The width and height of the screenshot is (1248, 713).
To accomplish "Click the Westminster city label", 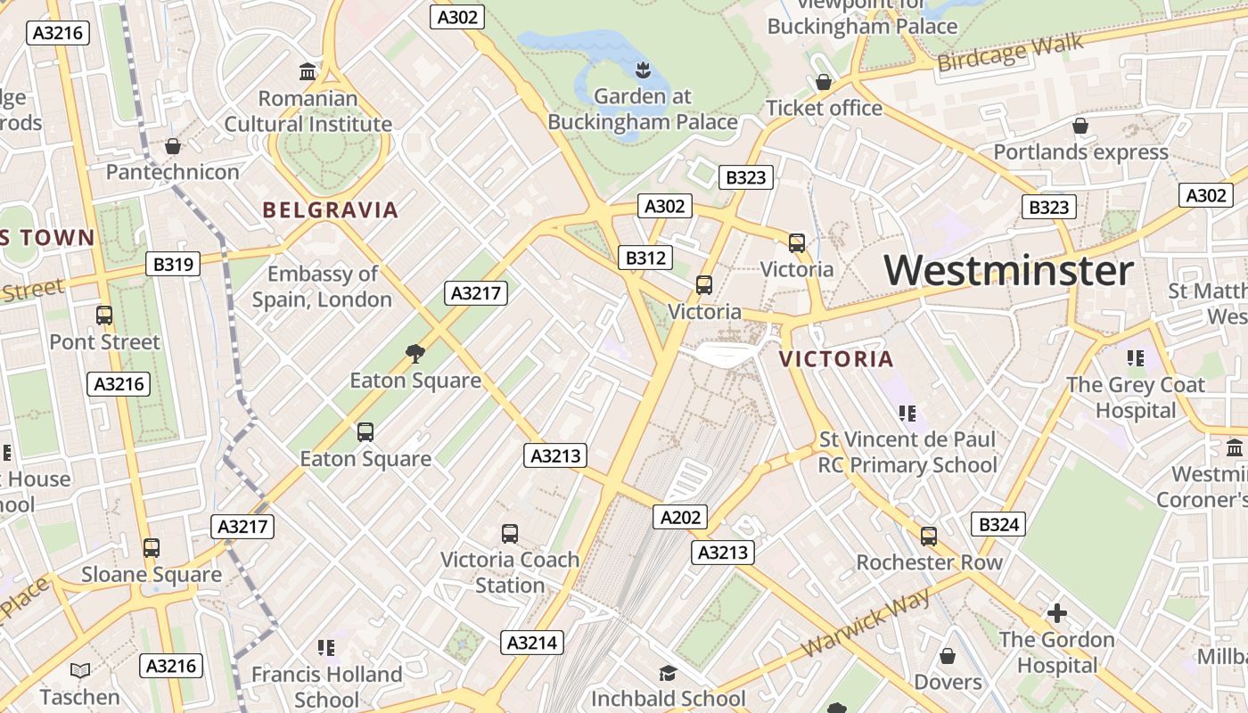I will tap(1008, 270).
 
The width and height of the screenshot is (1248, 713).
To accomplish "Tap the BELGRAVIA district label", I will tap(330, 210).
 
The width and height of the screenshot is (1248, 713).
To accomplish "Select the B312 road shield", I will tap(645, 258).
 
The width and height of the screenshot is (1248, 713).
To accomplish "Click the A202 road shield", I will tap(680, 517).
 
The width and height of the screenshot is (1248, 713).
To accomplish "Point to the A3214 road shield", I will tap(532, 643).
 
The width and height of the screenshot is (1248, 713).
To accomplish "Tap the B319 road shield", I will tap(173, 264).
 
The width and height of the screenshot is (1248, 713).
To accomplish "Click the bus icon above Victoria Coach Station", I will tap(510, 534).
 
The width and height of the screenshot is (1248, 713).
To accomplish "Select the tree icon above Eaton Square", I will tap(415, 354).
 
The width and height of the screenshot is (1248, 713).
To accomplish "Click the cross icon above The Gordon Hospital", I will tap(1056, 613).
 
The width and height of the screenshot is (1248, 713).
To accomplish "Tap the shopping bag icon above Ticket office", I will tap(824, 83).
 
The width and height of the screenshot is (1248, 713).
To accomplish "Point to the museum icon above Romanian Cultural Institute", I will tap(308, 71).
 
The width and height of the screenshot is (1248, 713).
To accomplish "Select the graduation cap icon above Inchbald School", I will tap(668, 673).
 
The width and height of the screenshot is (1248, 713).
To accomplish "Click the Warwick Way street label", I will tap(866, 622).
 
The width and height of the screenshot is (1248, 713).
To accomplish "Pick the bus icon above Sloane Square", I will tap(152, 548).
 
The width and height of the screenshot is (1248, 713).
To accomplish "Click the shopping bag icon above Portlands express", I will tap(1080, 127).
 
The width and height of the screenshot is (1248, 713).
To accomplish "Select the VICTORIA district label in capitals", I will tap(836, 359).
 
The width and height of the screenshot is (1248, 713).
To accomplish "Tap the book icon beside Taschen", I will tap(80, 670).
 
